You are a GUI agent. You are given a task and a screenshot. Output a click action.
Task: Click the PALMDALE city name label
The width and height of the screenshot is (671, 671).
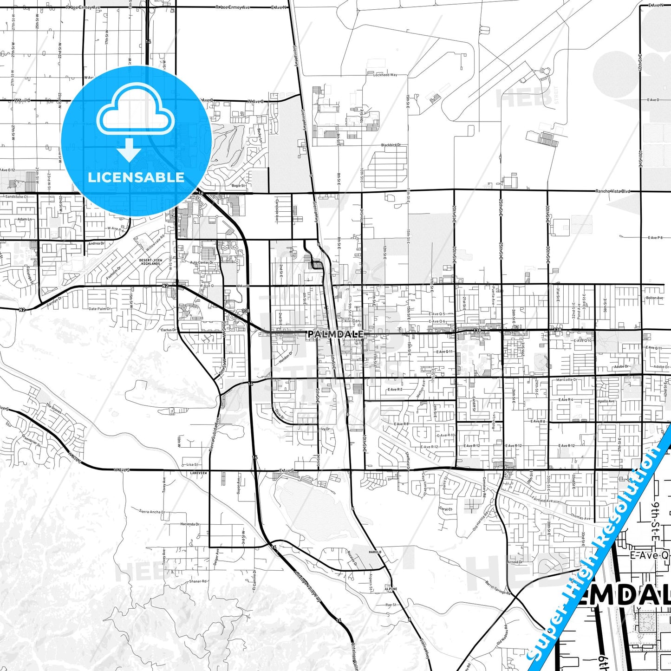click(335, 334)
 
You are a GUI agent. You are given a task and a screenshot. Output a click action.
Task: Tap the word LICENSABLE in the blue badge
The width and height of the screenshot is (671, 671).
click(136, 177)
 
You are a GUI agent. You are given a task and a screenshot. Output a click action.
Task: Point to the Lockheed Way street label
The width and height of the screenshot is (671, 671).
click(385, 75)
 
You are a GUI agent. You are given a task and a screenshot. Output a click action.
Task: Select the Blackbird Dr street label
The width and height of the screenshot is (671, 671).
click(391, 145)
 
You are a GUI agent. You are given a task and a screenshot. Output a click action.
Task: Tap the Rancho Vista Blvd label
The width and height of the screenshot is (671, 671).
click(613, 191)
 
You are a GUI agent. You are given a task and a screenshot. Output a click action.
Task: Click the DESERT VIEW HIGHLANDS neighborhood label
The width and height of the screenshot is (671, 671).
click(151, 262)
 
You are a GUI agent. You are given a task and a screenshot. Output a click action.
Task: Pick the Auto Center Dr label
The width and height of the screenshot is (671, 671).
click(202, 262)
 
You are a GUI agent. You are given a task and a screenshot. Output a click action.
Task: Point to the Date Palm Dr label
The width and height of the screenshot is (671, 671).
click(100, 309)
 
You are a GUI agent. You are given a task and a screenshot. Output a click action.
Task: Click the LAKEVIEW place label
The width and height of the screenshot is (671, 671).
click(198, 473)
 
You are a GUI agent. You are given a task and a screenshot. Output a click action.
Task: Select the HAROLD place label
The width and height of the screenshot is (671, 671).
click(375, 552)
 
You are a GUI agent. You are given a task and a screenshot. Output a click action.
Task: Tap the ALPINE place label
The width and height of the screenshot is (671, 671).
click(391, 589)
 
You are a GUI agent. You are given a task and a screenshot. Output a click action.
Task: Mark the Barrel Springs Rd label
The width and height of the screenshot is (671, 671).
click(498, 587)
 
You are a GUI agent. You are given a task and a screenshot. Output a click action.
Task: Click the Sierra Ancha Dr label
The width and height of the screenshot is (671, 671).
click(152, 512)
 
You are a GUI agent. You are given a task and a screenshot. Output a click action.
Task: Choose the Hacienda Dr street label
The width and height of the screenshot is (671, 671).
click(189, 524)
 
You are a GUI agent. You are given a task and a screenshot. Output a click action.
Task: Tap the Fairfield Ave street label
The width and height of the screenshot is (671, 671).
click(542, 501)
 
